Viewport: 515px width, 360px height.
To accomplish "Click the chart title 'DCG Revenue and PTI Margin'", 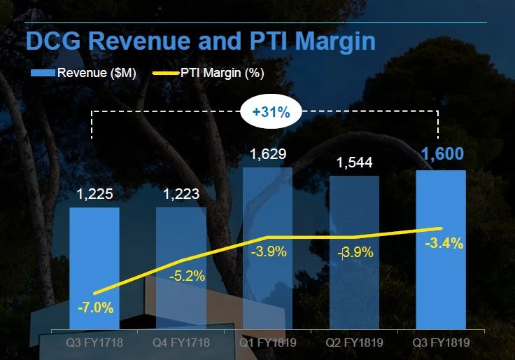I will (x=200, y=41).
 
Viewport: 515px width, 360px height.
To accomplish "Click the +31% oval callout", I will (x=269, y=112).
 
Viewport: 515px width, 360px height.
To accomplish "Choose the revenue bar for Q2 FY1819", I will (x=354, y=210).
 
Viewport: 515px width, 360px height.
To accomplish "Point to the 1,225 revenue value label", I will (x=94, y=195).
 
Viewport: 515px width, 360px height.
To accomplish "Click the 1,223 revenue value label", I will (x=181, y=195).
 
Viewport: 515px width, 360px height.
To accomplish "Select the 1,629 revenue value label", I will (x=267, y=154).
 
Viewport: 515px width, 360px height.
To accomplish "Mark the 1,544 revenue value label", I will (x=354, y=162).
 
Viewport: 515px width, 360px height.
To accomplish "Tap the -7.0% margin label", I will (x=95, y=307).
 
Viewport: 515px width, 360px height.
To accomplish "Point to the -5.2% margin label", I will (x=188, y=276).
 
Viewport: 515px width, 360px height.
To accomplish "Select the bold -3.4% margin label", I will (x=444, y=244).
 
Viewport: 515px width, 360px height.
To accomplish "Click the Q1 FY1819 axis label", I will (x=268, y=343).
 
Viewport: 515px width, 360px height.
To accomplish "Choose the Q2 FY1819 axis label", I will (x=355, y=343).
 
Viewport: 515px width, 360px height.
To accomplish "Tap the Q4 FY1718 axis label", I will (x=181, y=343).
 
